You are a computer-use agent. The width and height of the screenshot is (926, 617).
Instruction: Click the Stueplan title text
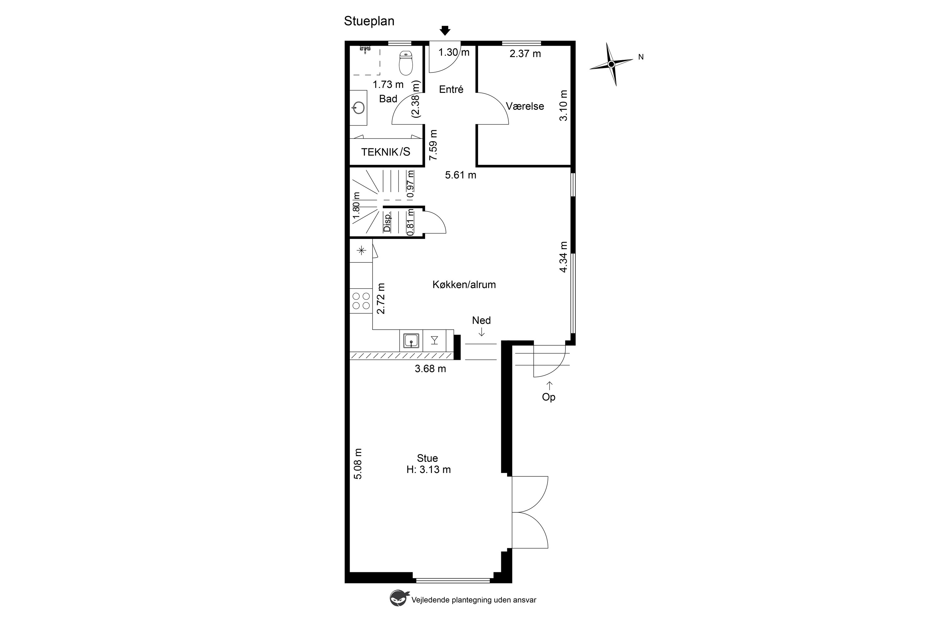[369, 21]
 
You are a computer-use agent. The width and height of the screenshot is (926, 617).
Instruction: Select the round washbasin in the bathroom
[359, 107]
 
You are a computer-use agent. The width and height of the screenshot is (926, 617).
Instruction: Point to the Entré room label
[451, 89]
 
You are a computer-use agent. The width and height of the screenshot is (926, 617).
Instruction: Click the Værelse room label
[525, 106]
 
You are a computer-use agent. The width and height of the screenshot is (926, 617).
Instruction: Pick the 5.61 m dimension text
[461, 175]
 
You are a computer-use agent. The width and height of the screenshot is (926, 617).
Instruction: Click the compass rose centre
[611, 64]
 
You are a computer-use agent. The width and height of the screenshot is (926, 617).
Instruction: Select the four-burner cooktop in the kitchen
[361, 301]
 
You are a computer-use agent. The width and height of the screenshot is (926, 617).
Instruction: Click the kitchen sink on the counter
[411, 340]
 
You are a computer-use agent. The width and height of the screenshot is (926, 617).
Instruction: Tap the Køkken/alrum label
[464, 285]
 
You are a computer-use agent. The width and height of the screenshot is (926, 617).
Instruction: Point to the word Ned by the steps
[481, 320]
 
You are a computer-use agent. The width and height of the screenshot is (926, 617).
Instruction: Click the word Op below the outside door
[549, 397]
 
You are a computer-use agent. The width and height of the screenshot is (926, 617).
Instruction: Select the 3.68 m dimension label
[430, 369]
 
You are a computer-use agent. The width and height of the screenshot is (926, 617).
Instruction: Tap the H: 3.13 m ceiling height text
[428, 469]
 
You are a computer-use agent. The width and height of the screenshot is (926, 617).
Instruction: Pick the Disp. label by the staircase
[387, 222]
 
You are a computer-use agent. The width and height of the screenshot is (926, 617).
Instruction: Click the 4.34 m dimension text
[564, 257]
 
